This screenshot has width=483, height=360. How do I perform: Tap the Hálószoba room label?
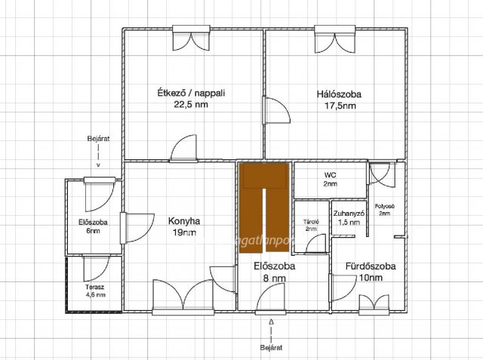(339, 95)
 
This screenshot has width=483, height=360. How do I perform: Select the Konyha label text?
(185, 222)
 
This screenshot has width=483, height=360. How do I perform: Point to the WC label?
(330, 175)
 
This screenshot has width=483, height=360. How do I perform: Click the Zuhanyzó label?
(349, 214)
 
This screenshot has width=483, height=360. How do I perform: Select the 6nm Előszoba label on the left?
(93, 223)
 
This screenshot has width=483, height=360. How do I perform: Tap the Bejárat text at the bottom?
(271, 349)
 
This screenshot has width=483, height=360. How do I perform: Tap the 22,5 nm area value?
(191, 105)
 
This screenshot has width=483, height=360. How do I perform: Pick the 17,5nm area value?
(339, 106)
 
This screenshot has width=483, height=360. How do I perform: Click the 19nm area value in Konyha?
(185, 233)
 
